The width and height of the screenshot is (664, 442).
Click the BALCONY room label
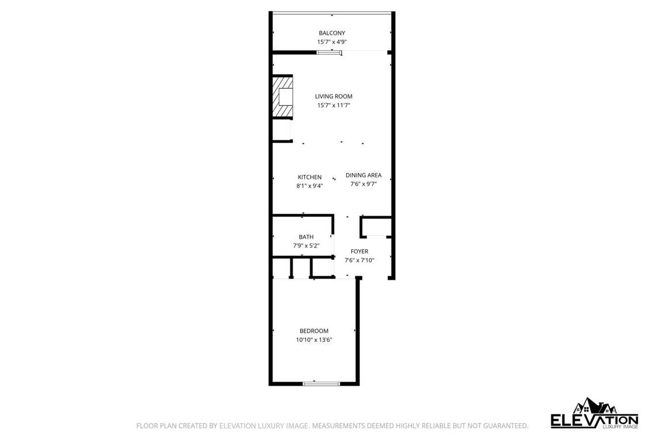pyautogui.click(x=332, y=33)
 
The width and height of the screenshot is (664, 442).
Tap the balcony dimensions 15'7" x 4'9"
pyautogui.click(x=332, y=42)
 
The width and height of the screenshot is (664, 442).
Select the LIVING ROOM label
pyautogui.click(x=334, y=97)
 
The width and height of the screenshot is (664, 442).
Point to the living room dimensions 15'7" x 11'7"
pyautogui.click(x=334, y=105)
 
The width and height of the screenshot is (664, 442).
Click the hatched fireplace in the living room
pyautogui.click(x=282, y=97)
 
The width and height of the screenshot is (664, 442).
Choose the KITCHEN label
pyautogui.click(x=310, y=177)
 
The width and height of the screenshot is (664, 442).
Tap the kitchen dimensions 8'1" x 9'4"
pyautogui.click(x=310, y=186)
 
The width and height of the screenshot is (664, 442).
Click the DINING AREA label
pyautogui.click(x=363, y=175)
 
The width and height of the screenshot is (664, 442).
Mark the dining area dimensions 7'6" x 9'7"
pyautogui.click(x=363, y=184)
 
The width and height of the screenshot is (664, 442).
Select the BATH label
pyautogui.click(x=306, y=237)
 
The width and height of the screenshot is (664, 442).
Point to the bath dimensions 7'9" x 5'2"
pyautogui.click(x=306, y=246)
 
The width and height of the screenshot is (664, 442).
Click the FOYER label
pyautogui.click(x=360, y=252)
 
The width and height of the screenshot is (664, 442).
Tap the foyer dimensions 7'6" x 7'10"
pyautogui.click(x=360, y=261)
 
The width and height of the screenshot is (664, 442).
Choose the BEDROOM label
pyautogui.click(x=314, y=331)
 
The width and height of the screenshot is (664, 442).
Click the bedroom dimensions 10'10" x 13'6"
pyautogui.click(x=314, y=340)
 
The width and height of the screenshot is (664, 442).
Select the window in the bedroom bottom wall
pyautogui.click(x=322, y=384)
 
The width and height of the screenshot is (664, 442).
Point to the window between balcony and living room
pyautogui.click(x=330, y=52)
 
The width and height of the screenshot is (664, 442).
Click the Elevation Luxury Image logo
pyautogui.click(x=595, y=413)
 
